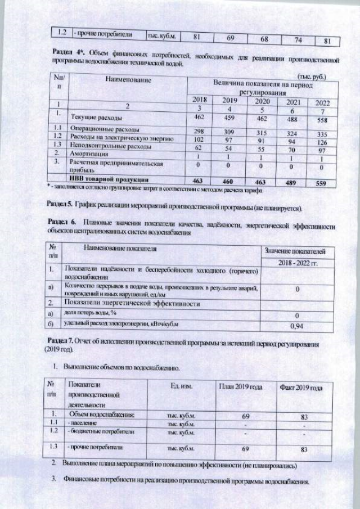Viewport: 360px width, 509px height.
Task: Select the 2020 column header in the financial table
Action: tap(262, 101)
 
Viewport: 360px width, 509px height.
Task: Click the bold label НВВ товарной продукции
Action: tap(107, 179)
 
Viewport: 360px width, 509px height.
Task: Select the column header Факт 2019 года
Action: tap(300, 389)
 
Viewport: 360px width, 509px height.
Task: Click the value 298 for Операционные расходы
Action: tap(198, 131)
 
